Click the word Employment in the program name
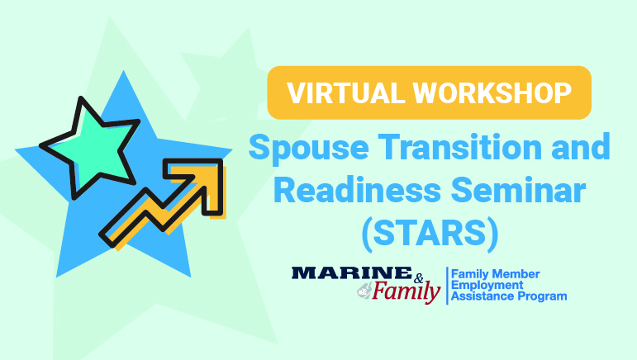point(488,283)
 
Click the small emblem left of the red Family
point(363,291)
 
